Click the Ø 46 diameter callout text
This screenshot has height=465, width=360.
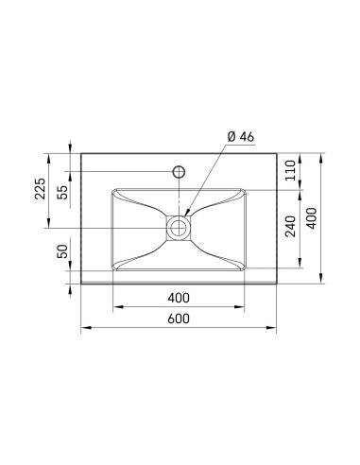240,137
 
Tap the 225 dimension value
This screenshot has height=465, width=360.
40,189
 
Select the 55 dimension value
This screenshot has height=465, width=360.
62,192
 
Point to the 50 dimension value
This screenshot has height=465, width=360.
62,251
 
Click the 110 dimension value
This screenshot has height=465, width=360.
290,170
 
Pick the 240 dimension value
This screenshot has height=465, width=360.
290,226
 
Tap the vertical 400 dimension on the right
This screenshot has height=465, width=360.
312,218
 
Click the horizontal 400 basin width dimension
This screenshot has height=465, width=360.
179,298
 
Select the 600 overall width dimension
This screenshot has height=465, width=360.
179,319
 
